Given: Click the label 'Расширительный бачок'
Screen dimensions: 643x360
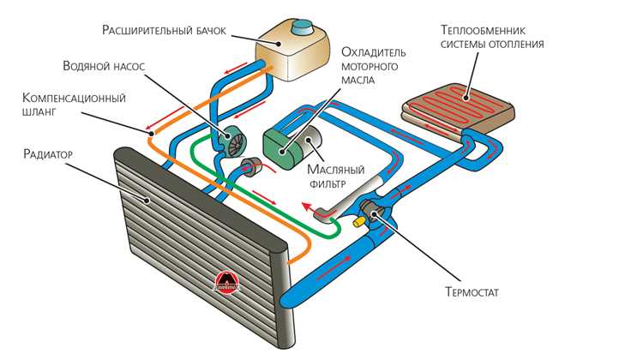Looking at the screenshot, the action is click(x=164, y=31).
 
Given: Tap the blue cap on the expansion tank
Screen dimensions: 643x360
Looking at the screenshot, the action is click(x=303, y=28).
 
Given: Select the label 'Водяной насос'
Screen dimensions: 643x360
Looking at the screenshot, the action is click(x=104, y=66).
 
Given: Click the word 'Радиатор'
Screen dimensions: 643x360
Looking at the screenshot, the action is click(x=48, y=154).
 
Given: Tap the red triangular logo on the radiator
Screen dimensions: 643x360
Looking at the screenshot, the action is click(x=226, y=282).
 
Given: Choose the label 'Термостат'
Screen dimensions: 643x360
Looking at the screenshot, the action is click(x=472, y=292).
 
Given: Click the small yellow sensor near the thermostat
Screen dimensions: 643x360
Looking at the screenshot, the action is click(x=359, y=221).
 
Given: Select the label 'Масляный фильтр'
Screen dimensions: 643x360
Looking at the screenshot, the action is click(x=335, y=176).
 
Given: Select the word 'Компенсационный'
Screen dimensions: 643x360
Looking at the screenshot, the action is click(x=74, y=99).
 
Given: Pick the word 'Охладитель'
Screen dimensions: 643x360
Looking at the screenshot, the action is click(x=374, y=52).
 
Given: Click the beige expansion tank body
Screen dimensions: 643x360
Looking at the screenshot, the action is click(x=292, y=53).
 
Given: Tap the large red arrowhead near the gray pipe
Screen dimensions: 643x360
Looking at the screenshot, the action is click(x=306, y=206).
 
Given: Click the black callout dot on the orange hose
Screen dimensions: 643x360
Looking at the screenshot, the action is click(x=151, y=133).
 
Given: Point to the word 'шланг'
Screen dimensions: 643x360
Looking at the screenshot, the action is click(x=39, y=111).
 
